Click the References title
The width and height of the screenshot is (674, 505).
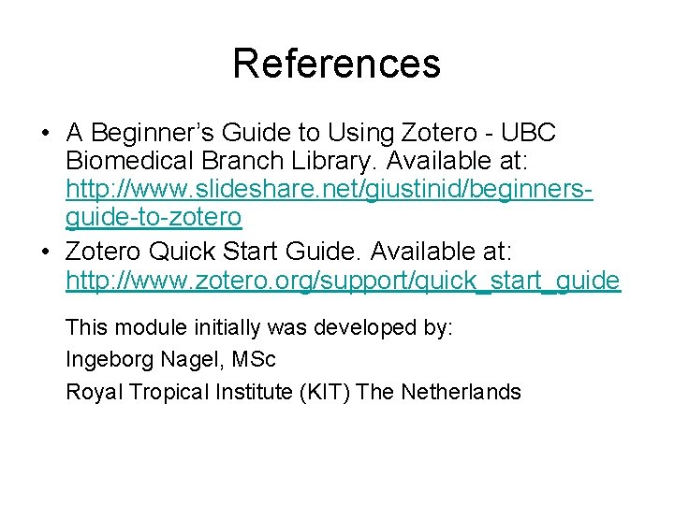[336, 64]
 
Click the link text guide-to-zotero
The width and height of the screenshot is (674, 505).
[154, 219]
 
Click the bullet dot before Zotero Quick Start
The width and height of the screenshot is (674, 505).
[45, 250]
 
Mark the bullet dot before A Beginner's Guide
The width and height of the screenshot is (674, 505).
[45, 132]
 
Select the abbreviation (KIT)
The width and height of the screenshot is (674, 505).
[324, 392]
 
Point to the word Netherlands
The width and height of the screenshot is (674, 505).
[461, 392]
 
